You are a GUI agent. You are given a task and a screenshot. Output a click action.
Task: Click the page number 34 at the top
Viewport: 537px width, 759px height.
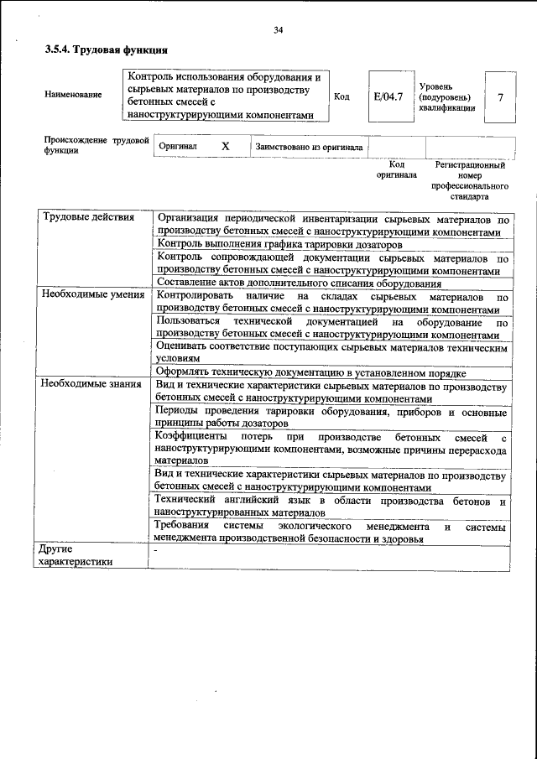point(278,31)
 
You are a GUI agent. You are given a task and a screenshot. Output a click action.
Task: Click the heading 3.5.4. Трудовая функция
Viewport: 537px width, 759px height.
point(101,50)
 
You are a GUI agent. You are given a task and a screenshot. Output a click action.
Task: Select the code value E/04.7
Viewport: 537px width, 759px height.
point(388,96)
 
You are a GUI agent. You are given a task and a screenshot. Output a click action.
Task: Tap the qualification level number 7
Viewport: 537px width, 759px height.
point(500,96)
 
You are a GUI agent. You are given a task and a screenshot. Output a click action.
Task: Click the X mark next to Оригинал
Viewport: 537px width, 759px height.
point(225,146)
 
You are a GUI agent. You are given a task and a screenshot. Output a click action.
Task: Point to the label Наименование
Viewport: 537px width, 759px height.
point(73,95)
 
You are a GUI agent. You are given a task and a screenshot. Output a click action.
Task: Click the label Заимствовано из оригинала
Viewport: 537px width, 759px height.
point(308,147)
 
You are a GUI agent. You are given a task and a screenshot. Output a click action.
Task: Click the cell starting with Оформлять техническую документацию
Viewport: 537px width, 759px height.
point(311,372)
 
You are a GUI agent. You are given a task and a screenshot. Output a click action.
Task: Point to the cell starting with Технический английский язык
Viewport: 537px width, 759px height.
point(331,506)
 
